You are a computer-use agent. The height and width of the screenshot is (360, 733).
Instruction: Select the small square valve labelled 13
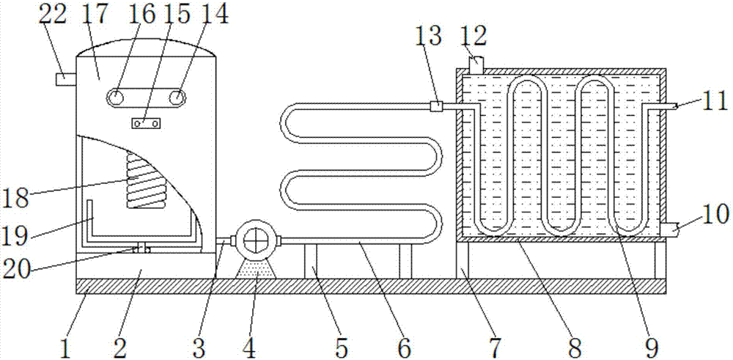coord(435,107)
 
